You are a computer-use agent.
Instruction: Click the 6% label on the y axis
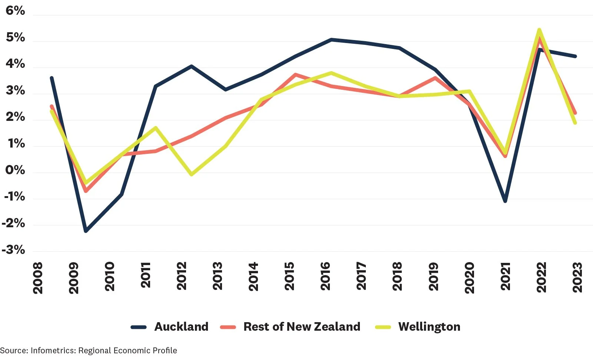tap(15, 11)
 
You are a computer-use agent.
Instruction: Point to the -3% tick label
tap(13, 250)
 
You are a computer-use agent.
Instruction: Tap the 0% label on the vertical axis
tap(15, 170)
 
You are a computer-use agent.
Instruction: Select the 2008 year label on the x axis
tap(38, 278)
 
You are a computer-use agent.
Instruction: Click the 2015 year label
tap(289, 276)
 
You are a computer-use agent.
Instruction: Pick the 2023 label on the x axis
tap(577, 277)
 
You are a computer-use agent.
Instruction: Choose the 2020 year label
tap(469, 277)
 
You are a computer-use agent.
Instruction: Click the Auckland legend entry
tap(181, 327)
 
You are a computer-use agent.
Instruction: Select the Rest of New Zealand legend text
tap(302, 327)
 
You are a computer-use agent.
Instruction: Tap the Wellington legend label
tap(429, 327)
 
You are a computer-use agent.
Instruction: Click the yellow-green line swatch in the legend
tap(383, 327)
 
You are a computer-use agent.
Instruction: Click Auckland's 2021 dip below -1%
tap(505, 201)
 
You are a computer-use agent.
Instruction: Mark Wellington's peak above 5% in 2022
tap(539, 30)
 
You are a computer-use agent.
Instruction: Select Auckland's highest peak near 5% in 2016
tap(331, 39)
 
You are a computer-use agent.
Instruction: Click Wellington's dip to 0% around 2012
tap(191, 174)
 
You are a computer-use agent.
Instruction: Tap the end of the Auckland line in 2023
tap(575, 56)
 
